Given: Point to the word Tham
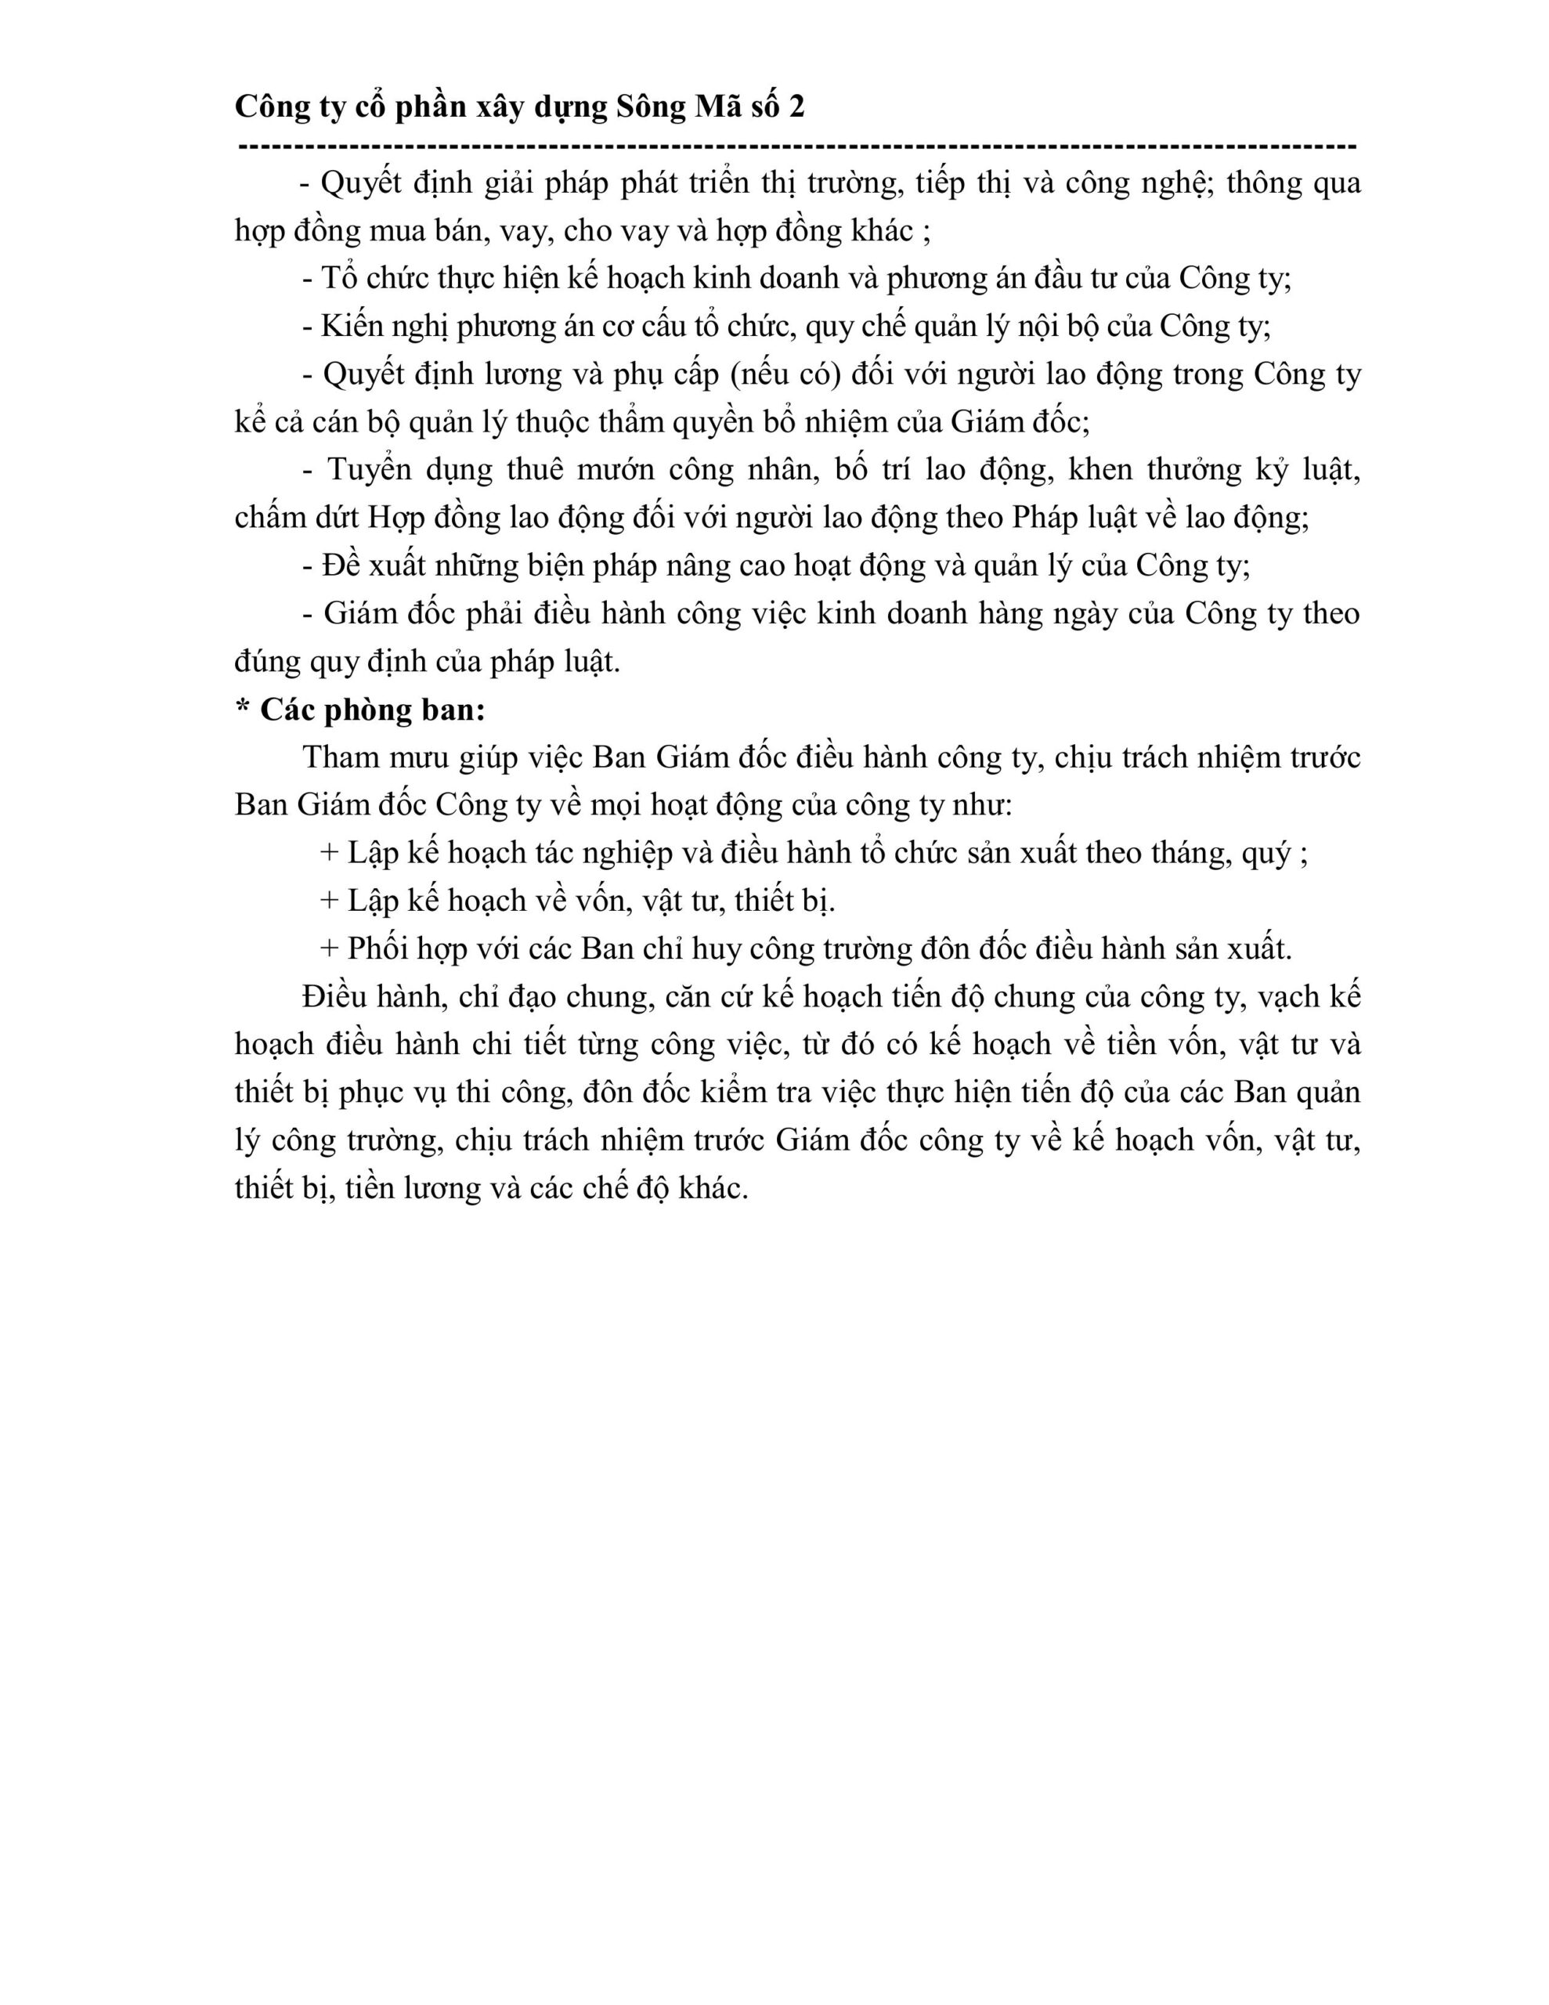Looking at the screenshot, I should click(341, 757).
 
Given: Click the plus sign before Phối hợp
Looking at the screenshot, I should click(329, 949).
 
